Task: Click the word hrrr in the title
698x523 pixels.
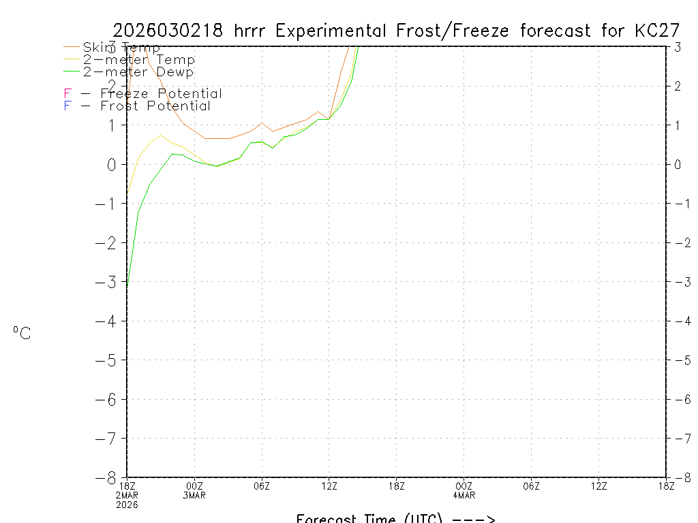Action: pyautogui.click(x=253, y=31)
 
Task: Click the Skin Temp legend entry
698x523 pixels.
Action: pyautogui.click(x=121, y=48)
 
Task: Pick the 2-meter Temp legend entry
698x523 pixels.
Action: pyautogui.click(x=138, y=60)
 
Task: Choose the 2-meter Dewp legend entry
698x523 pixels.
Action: pyautogui.click(x=138, y=72)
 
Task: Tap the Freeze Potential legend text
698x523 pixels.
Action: pyautogui.click(x=161, y=93)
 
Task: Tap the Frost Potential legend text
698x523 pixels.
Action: pyautogui.click(x=155, y=106)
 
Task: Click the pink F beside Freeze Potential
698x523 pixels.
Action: pyautogui.click(x=67, y=93)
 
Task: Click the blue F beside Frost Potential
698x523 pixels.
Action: pyautogui.click(x=67, y=106)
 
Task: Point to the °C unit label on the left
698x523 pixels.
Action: pyautogui.click(x=22, y=333)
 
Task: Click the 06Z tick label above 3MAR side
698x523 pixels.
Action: pyautogui.click(x=262, y=486)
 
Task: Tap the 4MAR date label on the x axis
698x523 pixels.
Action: pyautogui.click(x=464, y=495)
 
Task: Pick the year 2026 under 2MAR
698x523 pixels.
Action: pyautogui.click(x=127, y=505)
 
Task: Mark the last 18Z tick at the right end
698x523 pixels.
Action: pyautogui.click(x=666, y=486)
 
